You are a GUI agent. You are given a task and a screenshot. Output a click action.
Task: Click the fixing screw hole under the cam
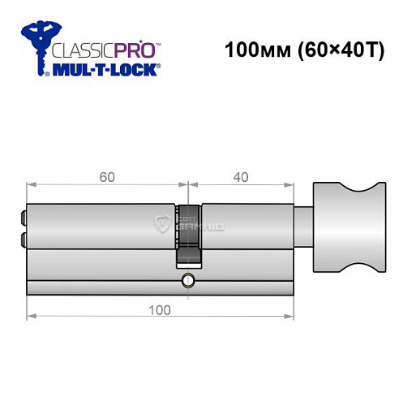point(188,281)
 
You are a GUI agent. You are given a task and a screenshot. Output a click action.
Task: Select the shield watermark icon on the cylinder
point(161,222)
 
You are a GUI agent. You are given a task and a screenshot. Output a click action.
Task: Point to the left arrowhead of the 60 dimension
point(30,183)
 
